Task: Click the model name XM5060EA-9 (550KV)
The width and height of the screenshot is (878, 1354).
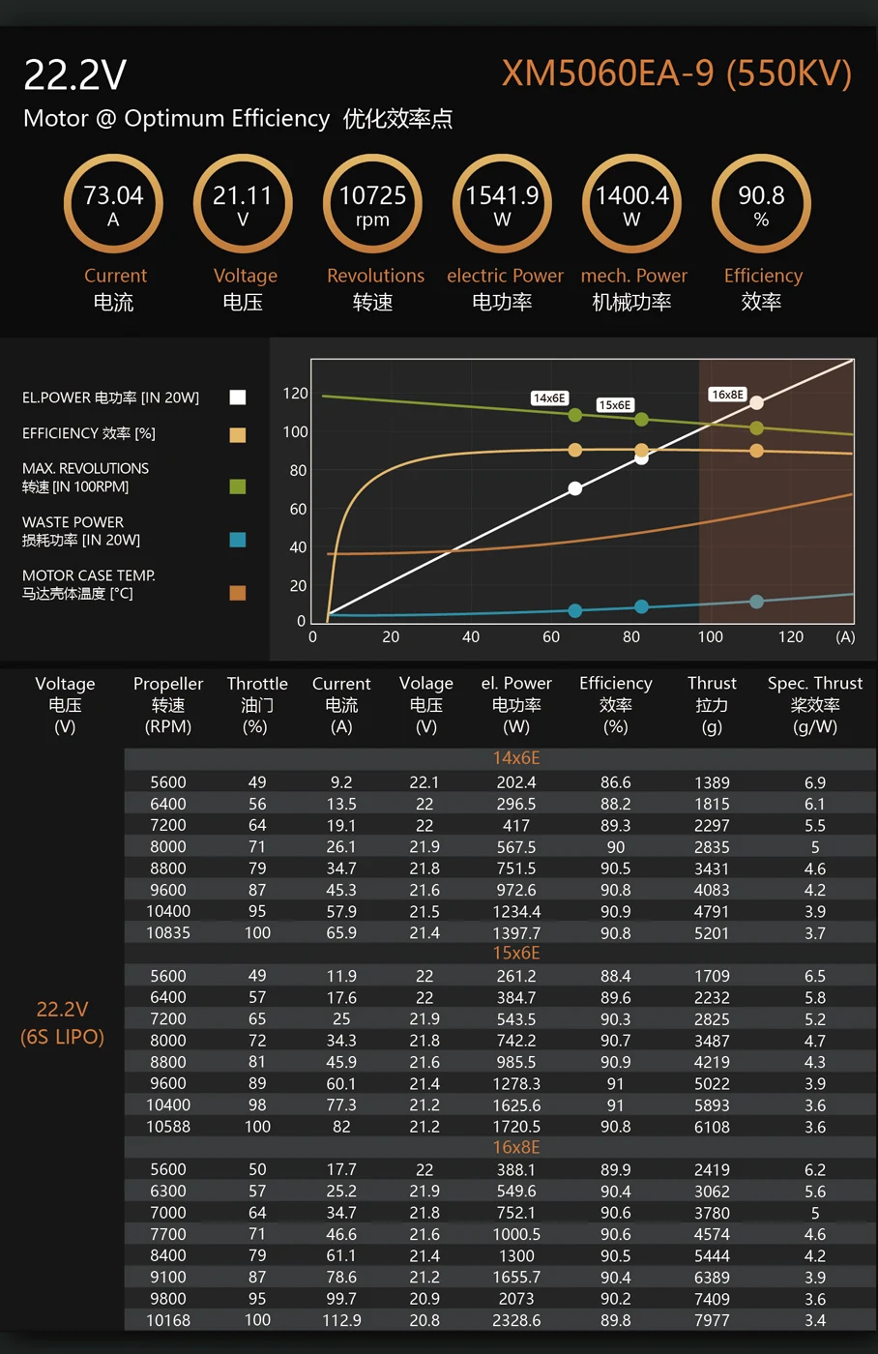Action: [676, 74]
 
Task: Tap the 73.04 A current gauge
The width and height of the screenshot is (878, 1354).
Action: [113, 204]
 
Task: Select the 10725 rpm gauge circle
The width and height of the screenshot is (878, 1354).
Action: [372, 204]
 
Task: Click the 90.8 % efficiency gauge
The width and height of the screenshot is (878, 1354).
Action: [761, 204]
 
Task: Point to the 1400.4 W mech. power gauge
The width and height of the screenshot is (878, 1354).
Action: [631, 204]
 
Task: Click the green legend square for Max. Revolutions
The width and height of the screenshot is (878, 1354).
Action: [238, 486]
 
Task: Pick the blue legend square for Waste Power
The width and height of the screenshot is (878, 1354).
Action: [238, 540]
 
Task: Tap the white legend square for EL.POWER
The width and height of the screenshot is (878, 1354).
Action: [238, 397]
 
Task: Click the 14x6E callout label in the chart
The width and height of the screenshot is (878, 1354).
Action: [549, 397]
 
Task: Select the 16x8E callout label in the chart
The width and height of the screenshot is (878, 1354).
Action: [727, 395]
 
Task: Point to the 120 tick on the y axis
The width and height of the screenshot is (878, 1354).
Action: [295, 394]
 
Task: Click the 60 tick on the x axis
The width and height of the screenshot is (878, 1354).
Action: [550, 637]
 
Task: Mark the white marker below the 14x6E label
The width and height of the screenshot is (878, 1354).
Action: [575, 488]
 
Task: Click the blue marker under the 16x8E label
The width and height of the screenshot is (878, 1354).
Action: [756, 602]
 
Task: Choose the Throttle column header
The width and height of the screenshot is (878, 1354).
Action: [257, 704]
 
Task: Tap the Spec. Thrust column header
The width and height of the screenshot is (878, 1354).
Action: [814, 704]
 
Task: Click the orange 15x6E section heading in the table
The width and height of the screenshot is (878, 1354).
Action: [516, 954]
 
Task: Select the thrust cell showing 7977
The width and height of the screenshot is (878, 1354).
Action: [712, 1320]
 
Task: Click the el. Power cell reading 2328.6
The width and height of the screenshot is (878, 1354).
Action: [516, 1320]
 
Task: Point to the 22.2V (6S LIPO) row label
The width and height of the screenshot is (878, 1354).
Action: [62, 1022]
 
